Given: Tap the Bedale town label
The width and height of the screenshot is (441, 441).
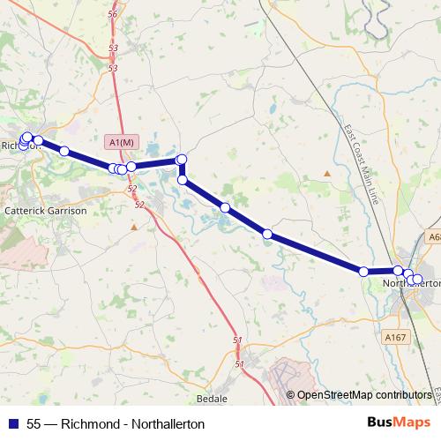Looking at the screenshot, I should pyautogui.click(x=213, y=399).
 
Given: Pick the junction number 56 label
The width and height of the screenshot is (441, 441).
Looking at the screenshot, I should pyautogui.click(x=112, y=15).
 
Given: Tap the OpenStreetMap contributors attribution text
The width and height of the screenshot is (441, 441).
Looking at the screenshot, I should pyautogui.click(x=364, y=394).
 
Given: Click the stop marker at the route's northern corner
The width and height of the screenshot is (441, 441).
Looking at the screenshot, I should pyautogui.click(x=183, y=160).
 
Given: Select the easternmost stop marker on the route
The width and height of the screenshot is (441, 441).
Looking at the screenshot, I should pyautogui.click(x=418, y=280).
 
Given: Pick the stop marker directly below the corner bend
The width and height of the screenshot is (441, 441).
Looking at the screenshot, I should pyautogui.click(x=183, y=180).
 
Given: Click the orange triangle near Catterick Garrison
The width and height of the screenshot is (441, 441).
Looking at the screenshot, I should pyautogui.click(x=134, y=227).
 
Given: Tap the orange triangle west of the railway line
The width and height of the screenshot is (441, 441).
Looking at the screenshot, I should pyautogui.click(x=326, y=173).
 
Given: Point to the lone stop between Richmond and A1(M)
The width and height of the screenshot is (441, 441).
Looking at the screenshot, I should pyautogui.click(x=64, y=151).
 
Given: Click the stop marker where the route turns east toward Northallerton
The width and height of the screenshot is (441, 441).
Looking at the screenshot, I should pyautogui.click(x=363, y=272).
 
